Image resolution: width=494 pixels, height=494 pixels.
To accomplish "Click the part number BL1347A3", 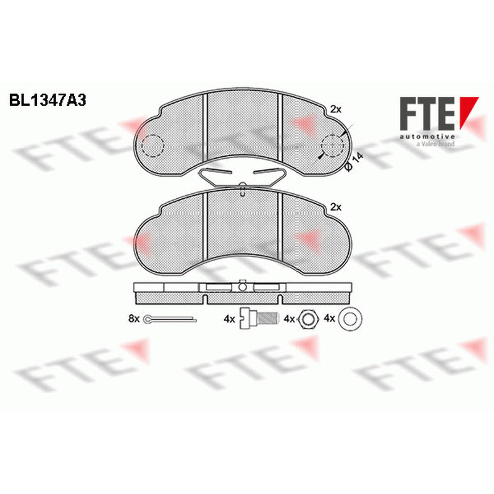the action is click(48, 101).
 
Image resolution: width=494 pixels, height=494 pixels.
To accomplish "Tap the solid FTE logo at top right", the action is click(439, 114).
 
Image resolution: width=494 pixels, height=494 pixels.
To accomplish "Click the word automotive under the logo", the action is click(427, 136).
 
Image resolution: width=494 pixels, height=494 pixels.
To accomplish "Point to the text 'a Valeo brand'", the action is click(436, 144).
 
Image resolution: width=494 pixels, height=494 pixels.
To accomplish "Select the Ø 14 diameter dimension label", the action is click(354, 162).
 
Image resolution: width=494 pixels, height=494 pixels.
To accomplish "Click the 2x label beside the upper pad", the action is click(336, 109).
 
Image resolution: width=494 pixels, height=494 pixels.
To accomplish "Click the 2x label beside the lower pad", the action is click(336, 207).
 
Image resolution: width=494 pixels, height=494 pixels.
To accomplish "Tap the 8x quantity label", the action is click(133, 319).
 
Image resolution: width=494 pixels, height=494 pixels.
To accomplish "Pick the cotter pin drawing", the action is click(170, 319).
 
